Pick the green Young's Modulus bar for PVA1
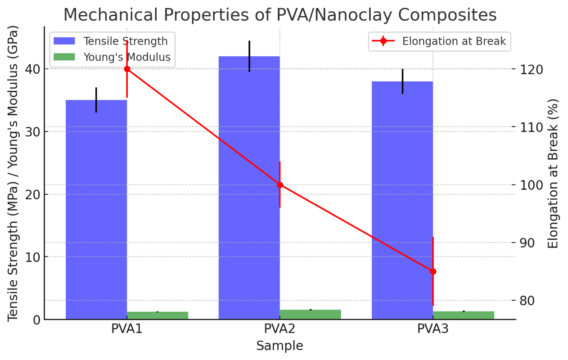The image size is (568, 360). (x=158, y=315)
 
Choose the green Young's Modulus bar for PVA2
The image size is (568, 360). (x=310, y=315)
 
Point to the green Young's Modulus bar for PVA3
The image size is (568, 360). (x=464, y=315)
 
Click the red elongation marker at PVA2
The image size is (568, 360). (x=280, y=185)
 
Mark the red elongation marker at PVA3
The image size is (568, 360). (x=433, y=271)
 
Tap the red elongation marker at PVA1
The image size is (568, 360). (x=127, y=69)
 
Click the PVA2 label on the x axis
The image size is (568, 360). (x=279, y=329)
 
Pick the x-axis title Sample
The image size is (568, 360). (x=279, y=346)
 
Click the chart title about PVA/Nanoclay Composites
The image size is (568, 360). (x=279, y=15)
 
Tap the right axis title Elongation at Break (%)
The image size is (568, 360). (x=553, y=173)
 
